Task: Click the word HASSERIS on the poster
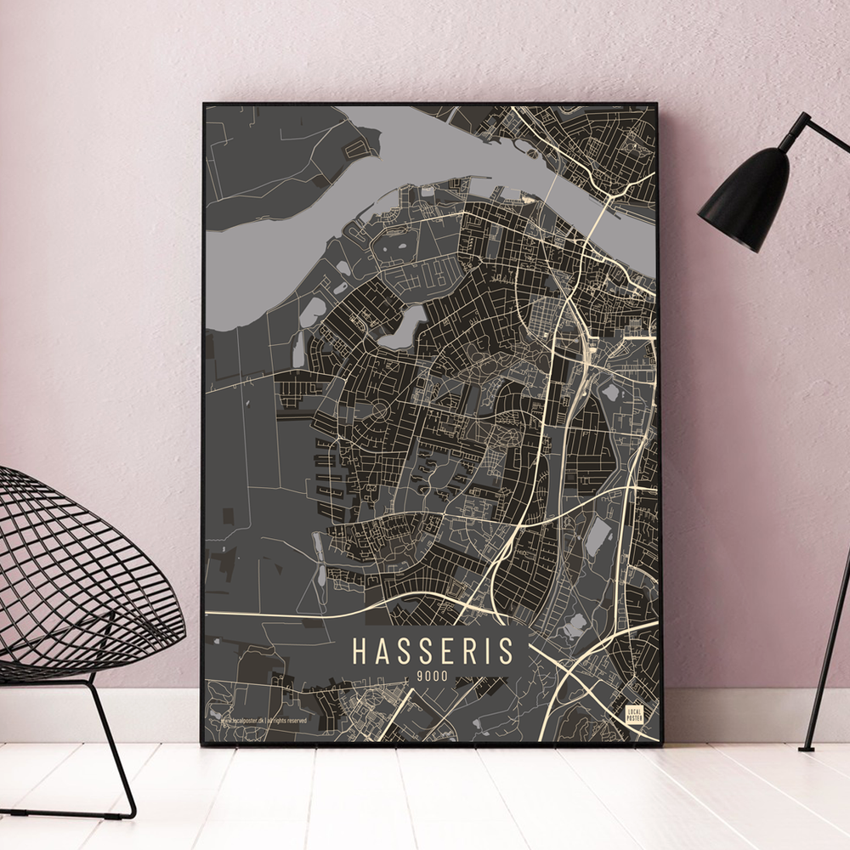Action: pyautogui.click(x=433, y=652)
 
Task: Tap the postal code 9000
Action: pyautogui.click(x=433, y=677)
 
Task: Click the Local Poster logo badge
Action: pyautogui.click(x=633, y=714)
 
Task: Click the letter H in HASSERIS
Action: pyautogui.click(x=360, y=652)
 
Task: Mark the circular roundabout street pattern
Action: pyautogui.click(x=379, y=412)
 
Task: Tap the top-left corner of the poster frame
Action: pyautogui.click(x=205, y=105)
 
